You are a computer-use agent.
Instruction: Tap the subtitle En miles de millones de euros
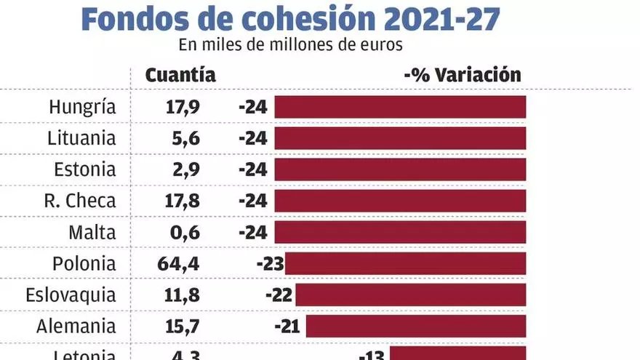click(x=290, y=44)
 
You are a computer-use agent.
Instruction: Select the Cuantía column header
click(x=180, y=75)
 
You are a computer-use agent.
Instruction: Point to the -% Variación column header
click(x=463, y=75)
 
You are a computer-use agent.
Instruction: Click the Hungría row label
click(x=82, y=107)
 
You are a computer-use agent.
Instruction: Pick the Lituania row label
click(x=81, y=138)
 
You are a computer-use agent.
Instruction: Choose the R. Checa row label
click(x=79, y=201)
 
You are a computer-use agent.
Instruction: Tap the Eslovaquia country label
click(x=71, y=295)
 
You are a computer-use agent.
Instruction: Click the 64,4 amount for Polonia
click(x=178, y=264)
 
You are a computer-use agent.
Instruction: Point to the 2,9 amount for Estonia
click(x=184, y=169)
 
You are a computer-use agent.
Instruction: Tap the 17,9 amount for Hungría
click(x=182, y=107)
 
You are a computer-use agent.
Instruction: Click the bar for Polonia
click(x=405, y=263)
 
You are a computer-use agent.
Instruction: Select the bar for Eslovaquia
click(x=410, y=295)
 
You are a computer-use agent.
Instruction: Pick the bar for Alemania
click(x=415, y=326)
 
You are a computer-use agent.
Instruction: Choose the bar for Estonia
click(x=400, y=169)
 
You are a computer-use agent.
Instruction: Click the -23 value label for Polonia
click(x=270, y=264)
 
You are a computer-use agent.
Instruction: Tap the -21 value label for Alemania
click(x=291, y=327)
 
